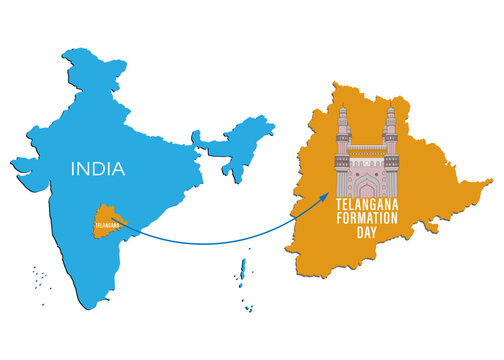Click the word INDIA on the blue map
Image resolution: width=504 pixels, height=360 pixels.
(98, 169)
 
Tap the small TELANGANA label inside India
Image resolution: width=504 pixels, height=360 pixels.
(105, 225)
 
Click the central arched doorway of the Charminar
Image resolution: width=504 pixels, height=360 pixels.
(365, 186)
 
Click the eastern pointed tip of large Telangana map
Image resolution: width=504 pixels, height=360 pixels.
(489, 184)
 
